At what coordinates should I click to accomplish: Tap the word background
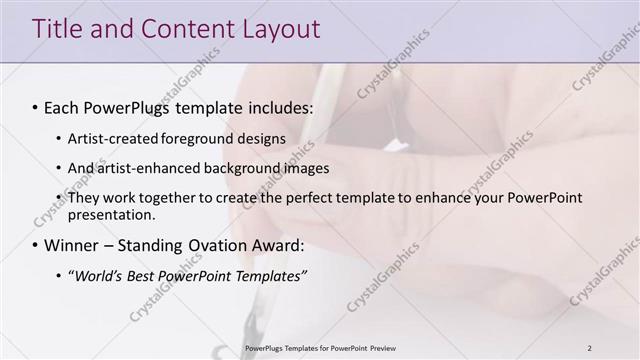click(235, 168)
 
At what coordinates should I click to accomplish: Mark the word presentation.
click(112, 214)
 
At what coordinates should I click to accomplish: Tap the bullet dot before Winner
click(36, 246)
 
